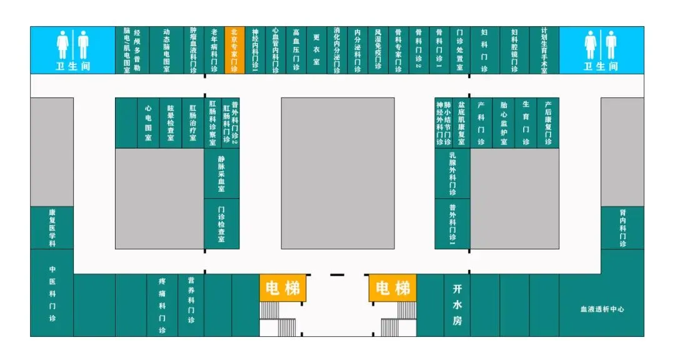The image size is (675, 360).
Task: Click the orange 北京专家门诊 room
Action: (x=234, y=50)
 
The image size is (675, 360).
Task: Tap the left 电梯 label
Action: (x=282, y=288)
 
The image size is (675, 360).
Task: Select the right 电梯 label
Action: (x=393, y=288)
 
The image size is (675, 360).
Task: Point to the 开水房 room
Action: (x=457, y=305)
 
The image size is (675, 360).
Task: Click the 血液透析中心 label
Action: (x=602, y=309)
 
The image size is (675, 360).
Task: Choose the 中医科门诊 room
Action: (x=52, y=292)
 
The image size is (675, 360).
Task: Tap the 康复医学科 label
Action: (x=52, y=227)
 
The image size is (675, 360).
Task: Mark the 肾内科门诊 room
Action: (x=622, y=227)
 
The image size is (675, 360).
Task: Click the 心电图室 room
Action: (x=148, y=122)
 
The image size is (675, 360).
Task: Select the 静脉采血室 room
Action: (x=221, y=174)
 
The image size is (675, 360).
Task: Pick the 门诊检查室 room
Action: (x=221, y=224)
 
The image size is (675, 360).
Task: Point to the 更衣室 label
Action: (x=316, y=50)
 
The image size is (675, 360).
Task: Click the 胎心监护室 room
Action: (x=504, y=122)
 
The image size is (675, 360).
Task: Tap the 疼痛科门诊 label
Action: (x=162, y=306)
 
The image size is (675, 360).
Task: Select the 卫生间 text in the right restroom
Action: (x=601, y=66)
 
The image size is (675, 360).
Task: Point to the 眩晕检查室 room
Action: (x=171, y=122)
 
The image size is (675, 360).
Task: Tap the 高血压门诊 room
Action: (x=296, y=50)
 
